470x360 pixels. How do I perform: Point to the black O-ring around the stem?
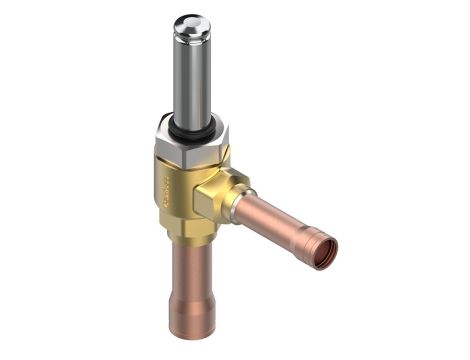point(186,127)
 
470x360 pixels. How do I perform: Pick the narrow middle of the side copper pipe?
point(275,221)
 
